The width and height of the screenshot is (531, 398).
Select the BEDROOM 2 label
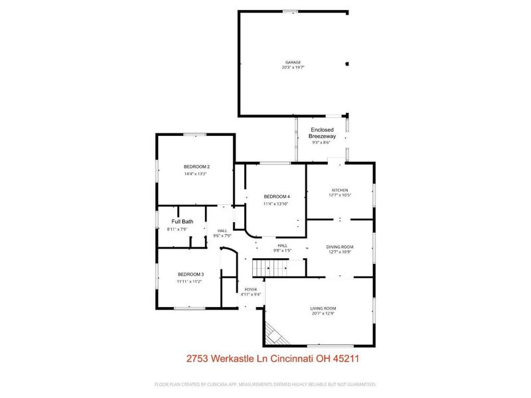coord(197,166)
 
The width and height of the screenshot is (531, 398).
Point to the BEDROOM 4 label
coord(277,196)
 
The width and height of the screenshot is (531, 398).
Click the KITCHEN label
coord(340,190)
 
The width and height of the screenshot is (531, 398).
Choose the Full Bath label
coord(183,222)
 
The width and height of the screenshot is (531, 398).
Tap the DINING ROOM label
coord(340,246)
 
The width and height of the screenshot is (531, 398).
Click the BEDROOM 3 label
coord(190,275)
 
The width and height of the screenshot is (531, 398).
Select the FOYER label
coord(251,290)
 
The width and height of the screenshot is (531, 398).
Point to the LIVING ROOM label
coord(324,308)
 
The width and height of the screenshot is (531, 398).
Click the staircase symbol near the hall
coord(270,268)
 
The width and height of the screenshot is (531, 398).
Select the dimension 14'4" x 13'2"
coord(197,174)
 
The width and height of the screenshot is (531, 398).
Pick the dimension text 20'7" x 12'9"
coord(324,314)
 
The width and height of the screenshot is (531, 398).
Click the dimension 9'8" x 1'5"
coord(283,251)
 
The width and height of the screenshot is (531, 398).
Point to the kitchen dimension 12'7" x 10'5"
coord(340,196)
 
